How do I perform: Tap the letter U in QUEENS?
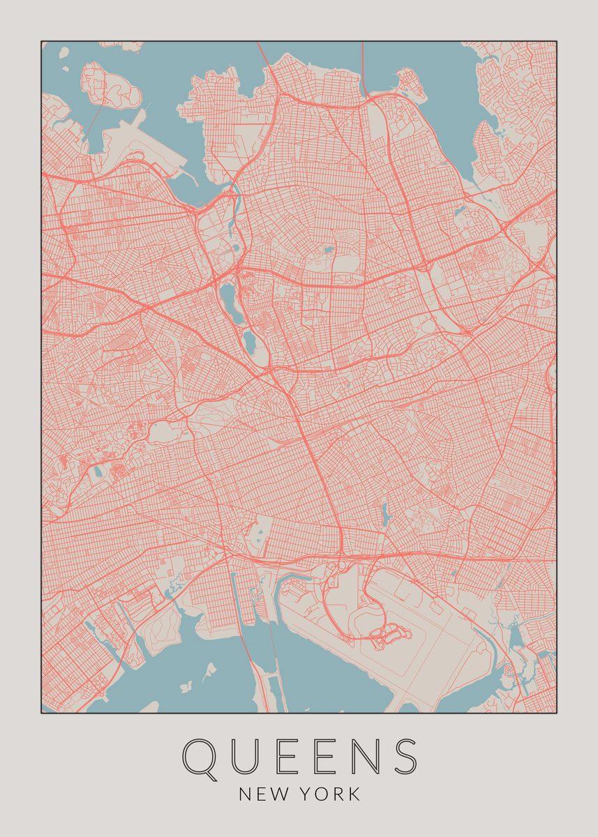(250, 756)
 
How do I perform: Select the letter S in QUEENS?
(403, 756)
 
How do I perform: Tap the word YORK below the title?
(331, 794)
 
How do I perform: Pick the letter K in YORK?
(355, 794)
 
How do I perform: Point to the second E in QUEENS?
(320, 756)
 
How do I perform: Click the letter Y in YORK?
(308, 794)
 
